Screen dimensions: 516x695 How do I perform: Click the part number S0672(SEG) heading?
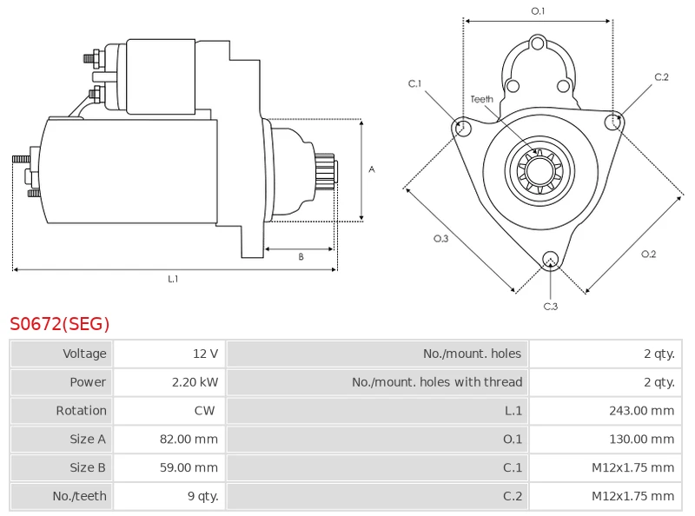[60, 325]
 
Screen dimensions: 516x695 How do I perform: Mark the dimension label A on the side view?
[371, 169]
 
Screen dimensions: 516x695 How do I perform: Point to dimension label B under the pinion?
[301, 256]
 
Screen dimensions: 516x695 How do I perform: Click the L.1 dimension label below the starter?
[173, 279]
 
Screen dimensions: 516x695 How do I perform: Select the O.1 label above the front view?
[538, 11]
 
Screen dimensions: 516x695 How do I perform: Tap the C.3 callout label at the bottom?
[550, 306]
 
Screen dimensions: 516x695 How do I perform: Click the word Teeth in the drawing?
[482, 99]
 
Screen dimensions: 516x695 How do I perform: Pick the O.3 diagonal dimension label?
[440, 239]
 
